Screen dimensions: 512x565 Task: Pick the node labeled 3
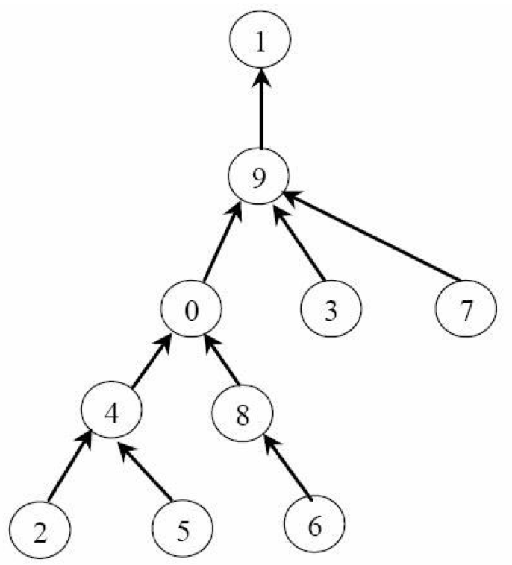(x=331, y=309)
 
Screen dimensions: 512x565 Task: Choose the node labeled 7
(x=466, y=309)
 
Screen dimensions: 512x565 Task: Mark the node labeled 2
(x=41, y=532)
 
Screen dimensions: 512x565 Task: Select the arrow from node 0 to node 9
(x=222, y=243)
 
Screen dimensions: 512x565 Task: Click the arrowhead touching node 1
(x=260, y=78)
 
